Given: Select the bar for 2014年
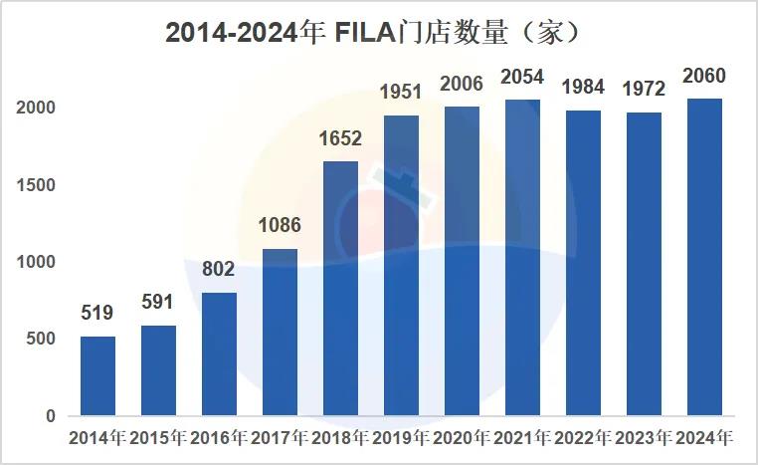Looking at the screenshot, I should click(x=97, y=375).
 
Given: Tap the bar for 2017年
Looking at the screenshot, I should click(x=280, y=332).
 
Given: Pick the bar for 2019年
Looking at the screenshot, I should click(x=401, y=265).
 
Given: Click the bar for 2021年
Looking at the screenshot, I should click(x=522, y=257).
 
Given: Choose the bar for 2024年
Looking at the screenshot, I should click(x=705, y=257).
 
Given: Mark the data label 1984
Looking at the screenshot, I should click(x=583, y=88).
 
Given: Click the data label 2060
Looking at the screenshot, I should click(x=705, y=77).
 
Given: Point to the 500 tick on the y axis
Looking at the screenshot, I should click(x=37, y=340).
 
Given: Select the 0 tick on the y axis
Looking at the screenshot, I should click(x=50, y=416).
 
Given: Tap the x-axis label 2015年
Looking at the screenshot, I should click(x=158, y=438).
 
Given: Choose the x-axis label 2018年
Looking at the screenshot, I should click(x=340, y=438).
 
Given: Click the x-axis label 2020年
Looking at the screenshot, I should click(x=462, y=438).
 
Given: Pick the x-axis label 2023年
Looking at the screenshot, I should click(x=644, y=438).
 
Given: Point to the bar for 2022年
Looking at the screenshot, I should click(x=583, y=263).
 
